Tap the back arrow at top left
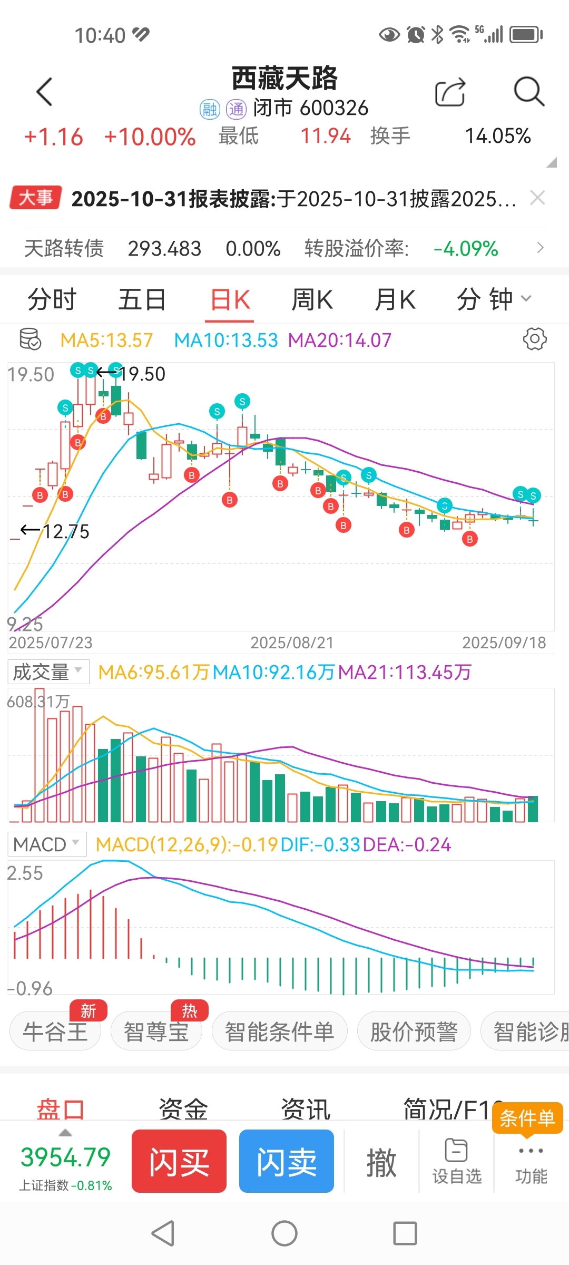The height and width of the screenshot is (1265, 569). [45, 92]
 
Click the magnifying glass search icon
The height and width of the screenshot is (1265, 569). [528, 92]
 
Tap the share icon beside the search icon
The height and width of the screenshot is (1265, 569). [450, 93]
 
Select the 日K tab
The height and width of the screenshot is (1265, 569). [230, 300]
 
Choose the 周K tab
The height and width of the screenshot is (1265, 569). [312, 300]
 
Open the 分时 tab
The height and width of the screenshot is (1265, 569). [52, 300]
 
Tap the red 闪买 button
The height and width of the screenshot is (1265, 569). [179, 1161]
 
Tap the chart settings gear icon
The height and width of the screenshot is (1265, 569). [535, 339]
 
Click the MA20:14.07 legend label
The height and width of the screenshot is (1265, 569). [340, 340]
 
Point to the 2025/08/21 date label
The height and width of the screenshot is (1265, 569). [292, 643]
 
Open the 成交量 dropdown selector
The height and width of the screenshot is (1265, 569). [48, 672]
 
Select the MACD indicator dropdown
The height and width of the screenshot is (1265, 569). [47, 844]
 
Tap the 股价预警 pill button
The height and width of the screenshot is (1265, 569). [414, 1032]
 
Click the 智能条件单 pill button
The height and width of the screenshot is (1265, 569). [279, 1032]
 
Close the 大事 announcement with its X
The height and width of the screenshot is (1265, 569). [537, 198]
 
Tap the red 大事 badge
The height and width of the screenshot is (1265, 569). [36, 198]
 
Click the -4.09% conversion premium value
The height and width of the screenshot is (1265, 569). [465, 248]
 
